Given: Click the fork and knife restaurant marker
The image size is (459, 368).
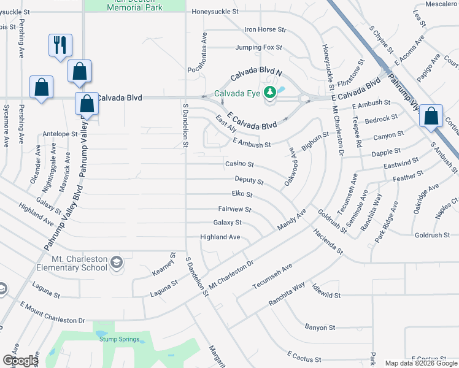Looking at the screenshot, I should pyautogui.click(x=60, y=45).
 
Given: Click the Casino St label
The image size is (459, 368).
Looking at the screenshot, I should pyautogui.click(x=240, y=164).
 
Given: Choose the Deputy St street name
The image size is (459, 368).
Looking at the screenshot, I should pyautogui.click(x=249, y=181).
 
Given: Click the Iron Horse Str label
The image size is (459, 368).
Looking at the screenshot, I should pyautogui.click(x=265, y=29).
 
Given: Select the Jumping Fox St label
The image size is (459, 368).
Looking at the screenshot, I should pyautogui.click(x=258, y=47).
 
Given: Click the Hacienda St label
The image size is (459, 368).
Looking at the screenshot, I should pyautogui.click(x=327, y=243).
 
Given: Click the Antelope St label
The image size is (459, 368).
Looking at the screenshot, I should pyautogui.click(x=60, y=133).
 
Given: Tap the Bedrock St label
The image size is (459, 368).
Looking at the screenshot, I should pyautogui.click(x=381, y=118).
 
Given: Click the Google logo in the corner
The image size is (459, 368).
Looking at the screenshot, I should pyautogui.click(x=20, y=361).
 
